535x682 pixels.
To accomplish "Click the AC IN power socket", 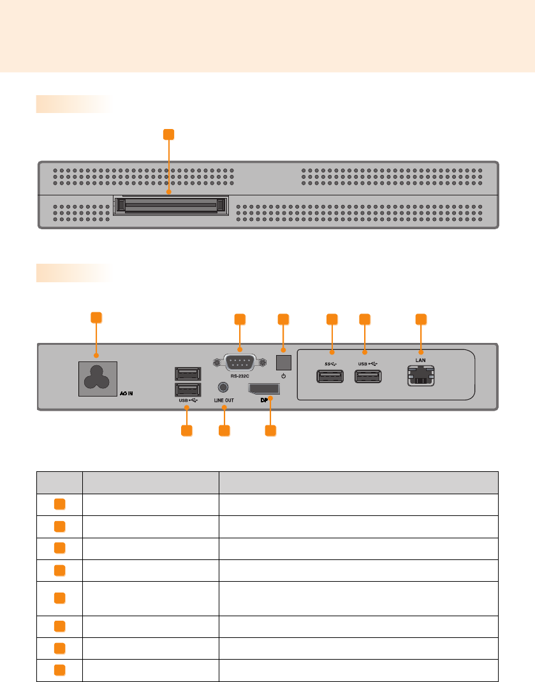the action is pyautogui.click(x=98, y=381).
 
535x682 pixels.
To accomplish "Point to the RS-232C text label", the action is pyautogui.click(x=240, y=376).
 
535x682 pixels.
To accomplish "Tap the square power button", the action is pyautogui.click(x=283, y=361).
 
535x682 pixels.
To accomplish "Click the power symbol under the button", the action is pyautogui.click(x=283, y=376).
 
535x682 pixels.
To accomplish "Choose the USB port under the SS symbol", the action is pyautogui.click(x=330, y=376).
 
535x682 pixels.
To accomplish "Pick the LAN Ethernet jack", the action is pyautogui.click(x=421, y=375).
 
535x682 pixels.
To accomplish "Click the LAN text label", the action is pyautogui.click(x=421, y=360).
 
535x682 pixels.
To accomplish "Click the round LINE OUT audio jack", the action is pyautogui.click(x=223, y=387).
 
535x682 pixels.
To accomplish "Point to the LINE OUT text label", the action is pyautogui.click(x=223, y=400).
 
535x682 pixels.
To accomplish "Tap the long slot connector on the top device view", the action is pyautogui.click(x=169, y=206).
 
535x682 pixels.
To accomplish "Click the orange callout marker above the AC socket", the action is pyautogui.click(x=96, y=317).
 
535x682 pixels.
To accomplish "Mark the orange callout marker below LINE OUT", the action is pyautogui.click(x=224, y=430).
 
